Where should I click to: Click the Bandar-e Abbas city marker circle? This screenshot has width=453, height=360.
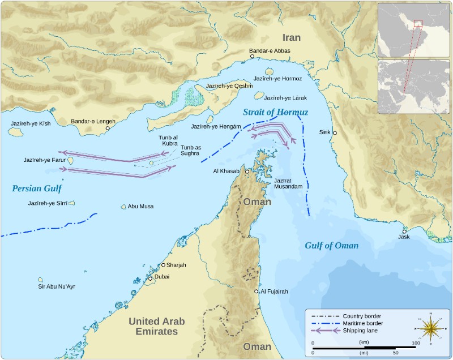pos(253,57)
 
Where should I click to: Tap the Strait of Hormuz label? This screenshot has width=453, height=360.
pos(275,113)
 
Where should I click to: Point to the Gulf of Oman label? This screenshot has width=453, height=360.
pos(331,245)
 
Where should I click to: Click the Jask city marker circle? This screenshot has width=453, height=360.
pos(404,231)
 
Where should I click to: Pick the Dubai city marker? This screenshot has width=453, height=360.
pos(151,278)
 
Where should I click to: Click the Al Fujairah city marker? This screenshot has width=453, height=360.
pos(257,292)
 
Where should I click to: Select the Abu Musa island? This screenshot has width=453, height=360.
pos(123,207)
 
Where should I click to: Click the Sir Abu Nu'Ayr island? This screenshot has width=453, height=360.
pos(40,280)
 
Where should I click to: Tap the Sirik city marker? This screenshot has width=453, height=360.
pos(335,133)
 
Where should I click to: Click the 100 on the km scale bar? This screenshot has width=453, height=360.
pos(415,343)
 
